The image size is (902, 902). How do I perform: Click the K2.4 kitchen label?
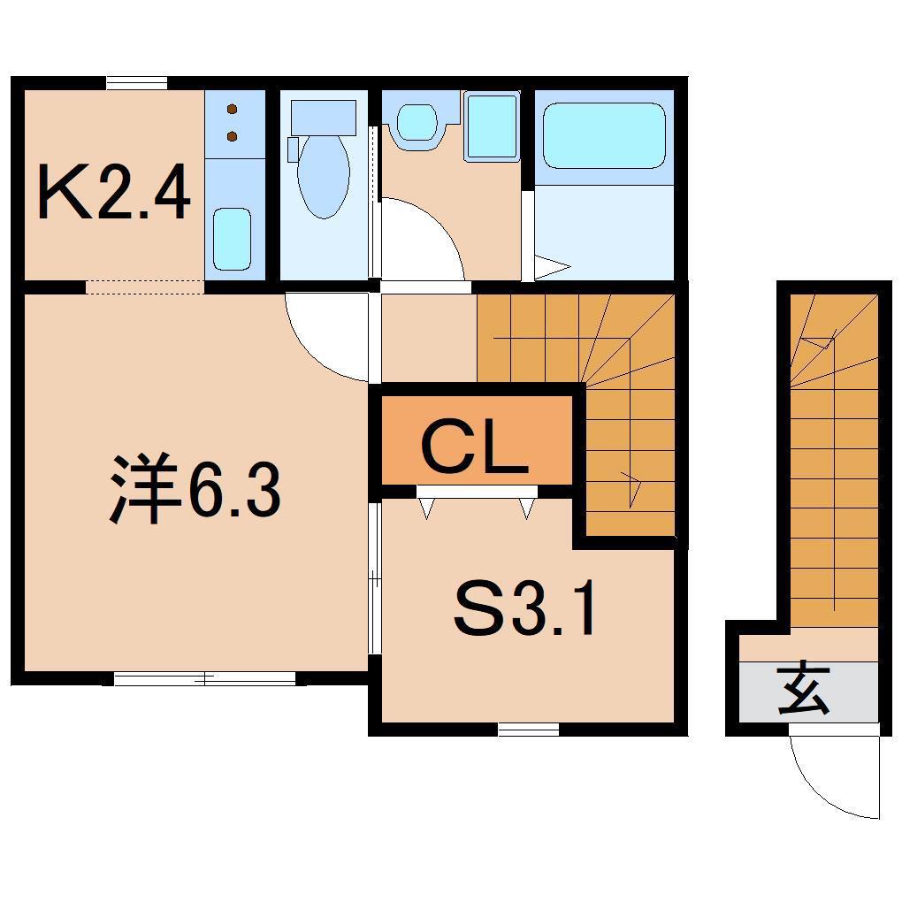[114, 192]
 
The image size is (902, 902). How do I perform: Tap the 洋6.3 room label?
[195, 488]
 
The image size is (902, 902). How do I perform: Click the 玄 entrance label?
[804, 691]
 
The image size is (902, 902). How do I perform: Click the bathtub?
[604, 136]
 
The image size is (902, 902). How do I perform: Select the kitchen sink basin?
[233, 239]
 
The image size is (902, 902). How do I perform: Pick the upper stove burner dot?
[233, 109]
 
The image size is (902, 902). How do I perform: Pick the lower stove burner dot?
[233, 136]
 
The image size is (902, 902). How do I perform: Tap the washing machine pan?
[492, 126]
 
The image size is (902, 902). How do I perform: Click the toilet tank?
[324, 118]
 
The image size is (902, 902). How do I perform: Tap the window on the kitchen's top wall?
[137, 83]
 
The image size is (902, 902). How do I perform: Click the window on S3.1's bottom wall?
[529, 730]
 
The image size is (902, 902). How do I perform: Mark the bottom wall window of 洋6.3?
[205, 679]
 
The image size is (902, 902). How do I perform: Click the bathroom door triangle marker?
[552, 266]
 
